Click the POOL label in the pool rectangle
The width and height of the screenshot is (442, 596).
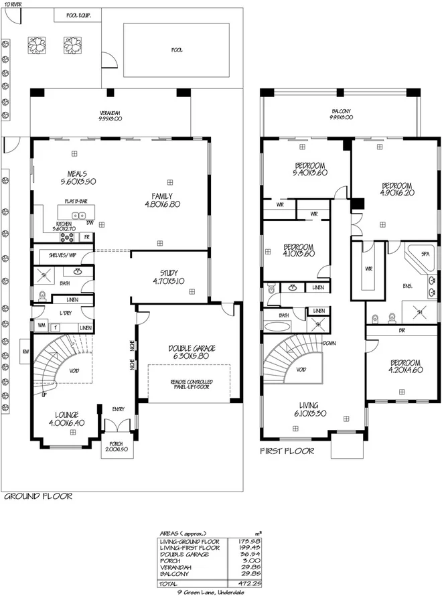177,50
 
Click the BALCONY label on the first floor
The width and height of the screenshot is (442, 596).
342,112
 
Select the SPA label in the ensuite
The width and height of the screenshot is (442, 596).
424,254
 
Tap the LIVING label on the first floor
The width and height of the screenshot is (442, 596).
310,405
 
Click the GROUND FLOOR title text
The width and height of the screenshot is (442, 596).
38,496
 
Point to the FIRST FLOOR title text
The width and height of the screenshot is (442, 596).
287,451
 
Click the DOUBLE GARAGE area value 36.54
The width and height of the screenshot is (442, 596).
249,554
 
